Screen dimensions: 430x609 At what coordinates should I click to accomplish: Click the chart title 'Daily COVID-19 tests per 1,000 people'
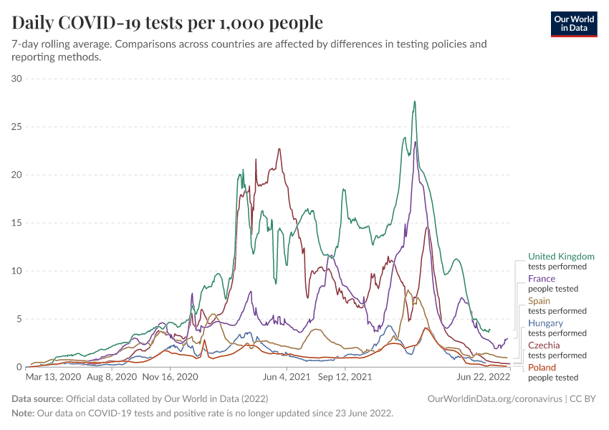click(168, 23)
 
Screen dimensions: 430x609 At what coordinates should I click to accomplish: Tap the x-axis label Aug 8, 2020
click(111, 376)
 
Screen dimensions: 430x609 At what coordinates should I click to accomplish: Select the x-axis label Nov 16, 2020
click(170, 376)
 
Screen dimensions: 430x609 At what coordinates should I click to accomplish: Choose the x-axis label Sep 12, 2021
click(345, 376)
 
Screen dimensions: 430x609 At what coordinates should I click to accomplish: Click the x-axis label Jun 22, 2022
click(483, 376)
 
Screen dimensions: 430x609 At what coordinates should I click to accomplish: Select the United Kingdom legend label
click(561, 257)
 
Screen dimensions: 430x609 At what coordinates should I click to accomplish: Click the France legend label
click(541, 279)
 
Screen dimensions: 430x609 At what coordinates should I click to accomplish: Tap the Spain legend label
click(539, 301)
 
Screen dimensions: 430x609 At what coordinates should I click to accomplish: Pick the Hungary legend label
click(545, 323)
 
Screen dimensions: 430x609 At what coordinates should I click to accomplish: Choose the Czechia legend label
click(544, 345)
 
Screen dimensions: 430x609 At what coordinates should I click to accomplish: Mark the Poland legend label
click(542, 368)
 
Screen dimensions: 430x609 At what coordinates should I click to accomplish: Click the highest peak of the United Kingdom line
click(414, 102)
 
